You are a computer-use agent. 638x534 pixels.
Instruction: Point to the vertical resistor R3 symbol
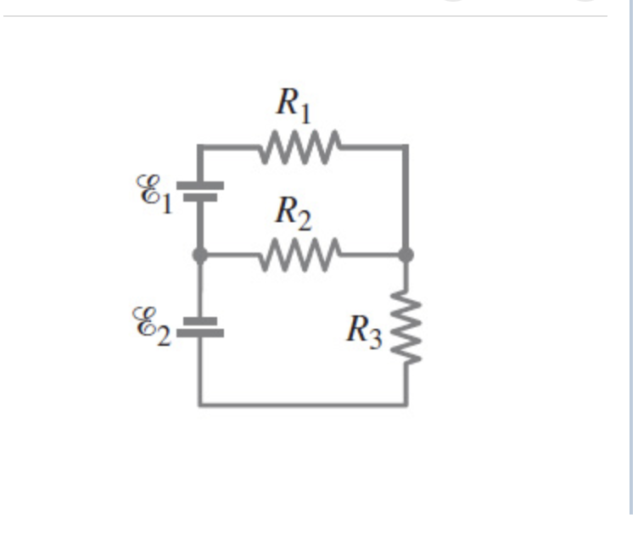click(x=406, y=327)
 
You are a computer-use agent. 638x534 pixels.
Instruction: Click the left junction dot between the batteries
click(x=200, y=253)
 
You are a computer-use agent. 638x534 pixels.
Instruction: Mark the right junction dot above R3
click(x=406, y=253)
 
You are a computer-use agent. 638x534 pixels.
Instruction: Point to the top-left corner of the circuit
click(x=200, y=147)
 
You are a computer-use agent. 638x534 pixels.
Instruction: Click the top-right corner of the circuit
click(x=406, y=147)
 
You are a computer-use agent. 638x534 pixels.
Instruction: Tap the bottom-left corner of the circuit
click(x=200, y=404)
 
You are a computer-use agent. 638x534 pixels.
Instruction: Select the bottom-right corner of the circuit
click(x=406, y=404)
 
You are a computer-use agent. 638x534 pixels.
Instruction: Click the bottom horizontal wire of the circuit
click(x=303, y=404)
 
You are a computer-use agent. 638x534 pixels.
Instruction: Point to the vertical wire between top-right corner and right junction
click(x=406, y=199)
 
